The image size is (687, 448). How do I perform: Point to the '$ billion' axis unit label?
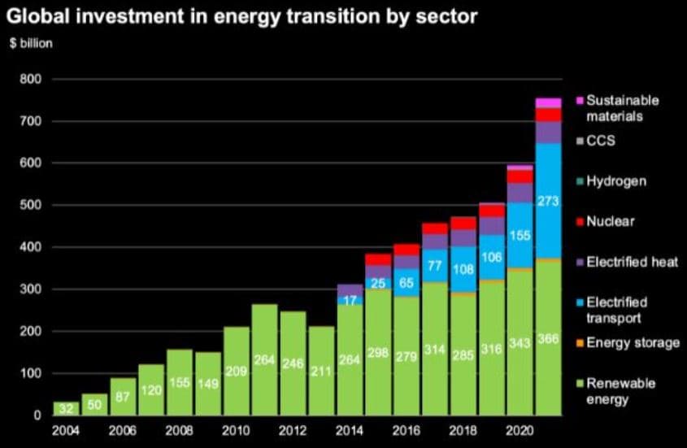point(30,42)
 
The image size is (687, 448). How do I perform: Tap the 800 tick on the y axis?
point(30,80)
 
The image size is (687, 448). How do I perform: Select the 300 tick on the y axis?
point(30,289)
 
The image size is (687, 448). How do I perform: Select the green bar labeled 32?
point(67,409)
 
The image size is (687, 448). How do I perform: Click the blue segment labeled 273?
point(549,200)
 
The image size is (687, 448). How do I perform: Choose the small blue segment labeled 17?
point(350,301)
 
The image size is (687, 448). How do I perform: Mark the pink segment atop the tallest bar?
point(549,102)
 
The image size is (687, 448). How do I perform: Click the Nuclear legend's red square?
point(579,221)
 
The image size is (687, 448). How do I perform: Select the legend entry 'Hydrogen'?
point(615,181)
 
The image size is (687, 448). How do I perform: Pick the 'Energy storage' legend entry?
point(632,342)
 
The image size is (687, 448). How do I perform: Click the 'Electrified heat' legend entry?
point(631,262)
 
